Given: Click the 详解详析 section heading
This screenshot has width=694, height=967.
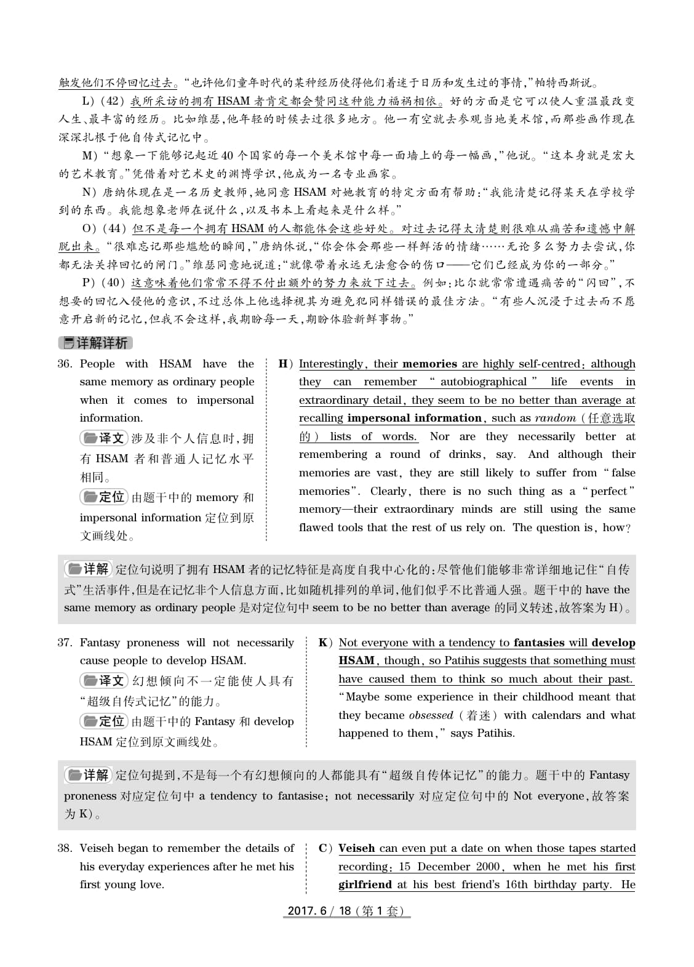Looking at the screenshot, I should point(95,343).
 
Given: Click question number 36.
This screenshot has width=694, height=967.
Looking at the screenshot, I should point(65,364).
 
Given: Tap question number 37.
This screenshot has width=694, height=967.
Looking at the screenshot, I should point(65,643).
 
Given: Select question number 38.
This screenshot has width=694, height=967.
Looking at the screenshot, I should point(65,848).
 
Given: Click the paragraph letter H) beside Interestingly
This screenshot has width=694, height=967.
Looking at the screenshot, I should point(285,364).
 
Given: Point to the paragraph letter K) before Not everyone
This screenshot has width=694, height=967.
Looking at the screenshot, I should point(325,643).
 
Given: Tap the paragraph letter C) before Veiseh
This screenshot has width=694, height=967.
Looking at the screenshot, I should point(325,848).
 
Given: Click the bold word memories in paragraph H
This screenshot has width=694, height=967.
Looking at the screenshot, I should point(429,364).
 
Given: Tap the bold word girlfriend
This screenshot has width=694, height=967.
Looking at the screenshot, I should point(365,885).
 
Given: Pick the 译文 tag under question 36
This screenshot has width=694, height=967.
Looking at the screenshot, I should point(103,438).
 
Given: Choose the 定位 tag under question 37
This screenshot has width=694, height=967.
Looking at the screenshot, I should point(103,721).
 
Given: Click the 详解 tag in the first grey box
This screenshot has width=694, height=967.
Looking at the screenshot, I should point(88,569).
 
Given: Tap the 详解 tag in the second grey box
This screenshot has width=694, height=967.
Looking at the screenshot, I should point(88,775).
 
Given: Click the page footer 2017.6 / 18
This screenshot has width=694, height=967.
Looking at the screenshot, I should point(346,911).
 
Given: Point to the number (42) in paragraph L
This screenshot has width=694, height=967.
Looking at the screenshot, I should point(112,101).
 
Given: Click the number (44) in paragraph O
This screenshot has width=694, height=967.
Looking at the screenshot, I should point(114,228).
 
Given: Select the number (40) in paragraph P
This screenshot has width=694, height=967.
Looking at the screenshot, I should point(113,283).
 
